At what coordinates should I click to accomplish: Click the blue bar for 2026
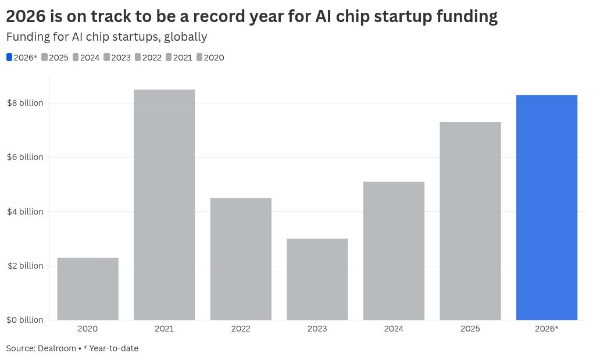pyautogui.click(x=546, y=207)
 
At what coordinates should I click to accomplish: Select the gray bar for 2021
pyautogui.click(x=164, y=204)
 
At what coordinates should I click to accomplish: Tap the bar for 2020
pyautogui.click(x=88, y=288)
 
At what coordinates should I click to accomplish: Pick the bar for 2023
pyautogui.click(x=317, y=279)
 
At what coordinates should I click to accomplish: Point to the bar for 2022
pyautogui.click(x=241, y=259)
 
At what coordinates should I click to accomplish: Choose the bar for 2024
pyautogui.click(x=394, y=251)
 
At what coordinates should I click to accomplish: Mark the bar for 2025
pyautogui.click(x=470, y=221)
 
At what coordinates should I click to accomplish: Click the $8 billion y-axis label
pyautogui.click(x=25, y=103)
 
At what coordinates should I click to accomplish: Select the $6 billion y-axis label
pyautogui.click(x=25, y=157)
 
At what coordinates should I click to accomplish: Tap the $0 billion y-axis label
pyautogui.click(x=25, y=320)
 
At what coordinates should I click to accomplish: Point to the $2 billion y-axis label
pyautogui.click(x=25, y=266)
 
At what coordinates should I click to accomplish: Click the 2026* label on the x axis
pyautogui.click(x=546, y=329)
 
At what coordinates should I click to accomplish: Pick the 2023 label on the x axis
pyautogui.click(x=317, y=329)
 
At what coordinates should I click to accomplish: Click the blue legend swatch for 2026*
pyautogui.click(x=9, y=58)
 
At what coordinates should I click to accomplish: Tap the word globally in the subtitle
pyautogui.click(x=185, y=37)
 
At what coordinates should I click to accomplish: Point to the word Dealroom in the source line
pyautogui.click(x=57, y=348)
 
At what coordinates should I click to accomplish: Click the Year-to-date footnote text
pyautogui.click(x=113, y=348)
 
